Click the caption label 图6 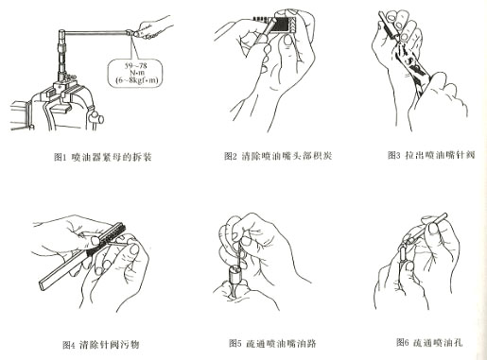point(398,341)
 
